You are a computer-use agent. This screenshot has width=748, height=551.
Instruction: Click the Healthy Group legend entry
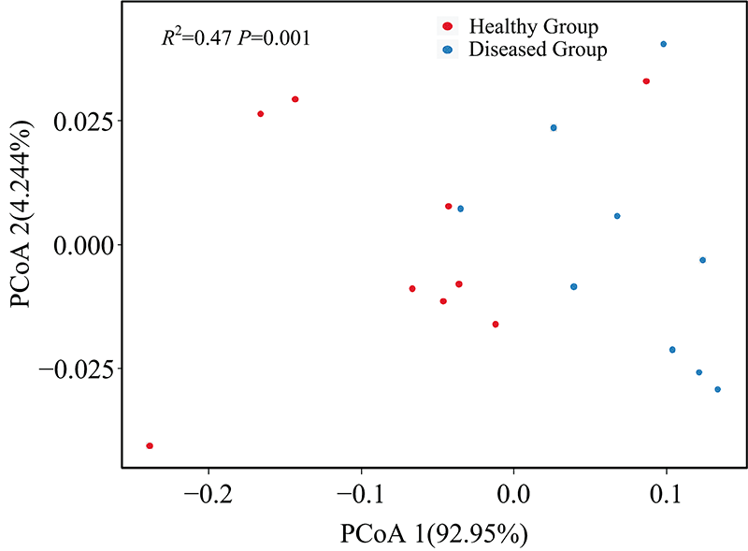pos(533,26)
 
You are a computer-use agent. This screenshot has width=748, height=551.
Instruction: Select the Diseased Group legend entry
pos(538,50)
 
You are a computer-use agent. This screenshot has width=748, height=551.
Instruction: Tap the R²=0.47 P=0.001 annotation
pos(236,38)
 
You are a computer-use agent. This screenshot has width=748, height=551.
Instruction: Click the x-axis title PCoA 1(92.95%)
pos(436,535)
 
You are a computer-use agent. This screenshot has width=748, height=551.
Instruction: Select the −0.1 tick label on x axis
pos(361,492)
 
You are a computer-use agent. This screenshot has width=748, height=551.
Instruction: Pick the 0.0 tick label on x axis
pos(513,492)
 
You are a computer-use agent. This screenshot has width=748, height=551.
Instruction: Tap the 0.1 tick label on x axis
pos(666,492)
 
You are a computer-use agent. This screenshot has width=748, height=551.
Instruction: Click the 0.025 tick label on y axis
pos(88,122)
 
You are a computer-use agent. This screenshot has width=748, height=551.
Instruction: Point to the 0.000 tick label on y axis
pos(88,245)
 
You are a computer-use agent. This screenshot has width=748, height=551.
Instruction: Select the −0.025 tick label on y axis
pos(79,369)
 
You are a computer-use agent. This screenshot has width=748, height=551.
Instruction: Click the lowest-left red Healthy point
pos(150,446)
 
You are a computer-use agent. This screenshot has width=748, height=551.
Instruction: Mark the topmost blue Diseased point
pos(663,44)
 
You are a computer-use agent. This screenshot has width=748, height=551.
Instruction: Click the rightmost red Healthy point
pos(646,81)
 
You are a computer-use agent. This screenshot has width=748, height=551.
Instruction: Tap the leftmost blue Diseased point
pos(460,209)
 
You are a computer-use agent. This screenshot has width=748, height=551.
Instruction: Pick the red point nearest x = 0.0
pos(496,325)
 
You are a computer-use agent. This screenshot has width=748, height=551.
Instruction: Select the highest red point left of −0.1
pos(295,99)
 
